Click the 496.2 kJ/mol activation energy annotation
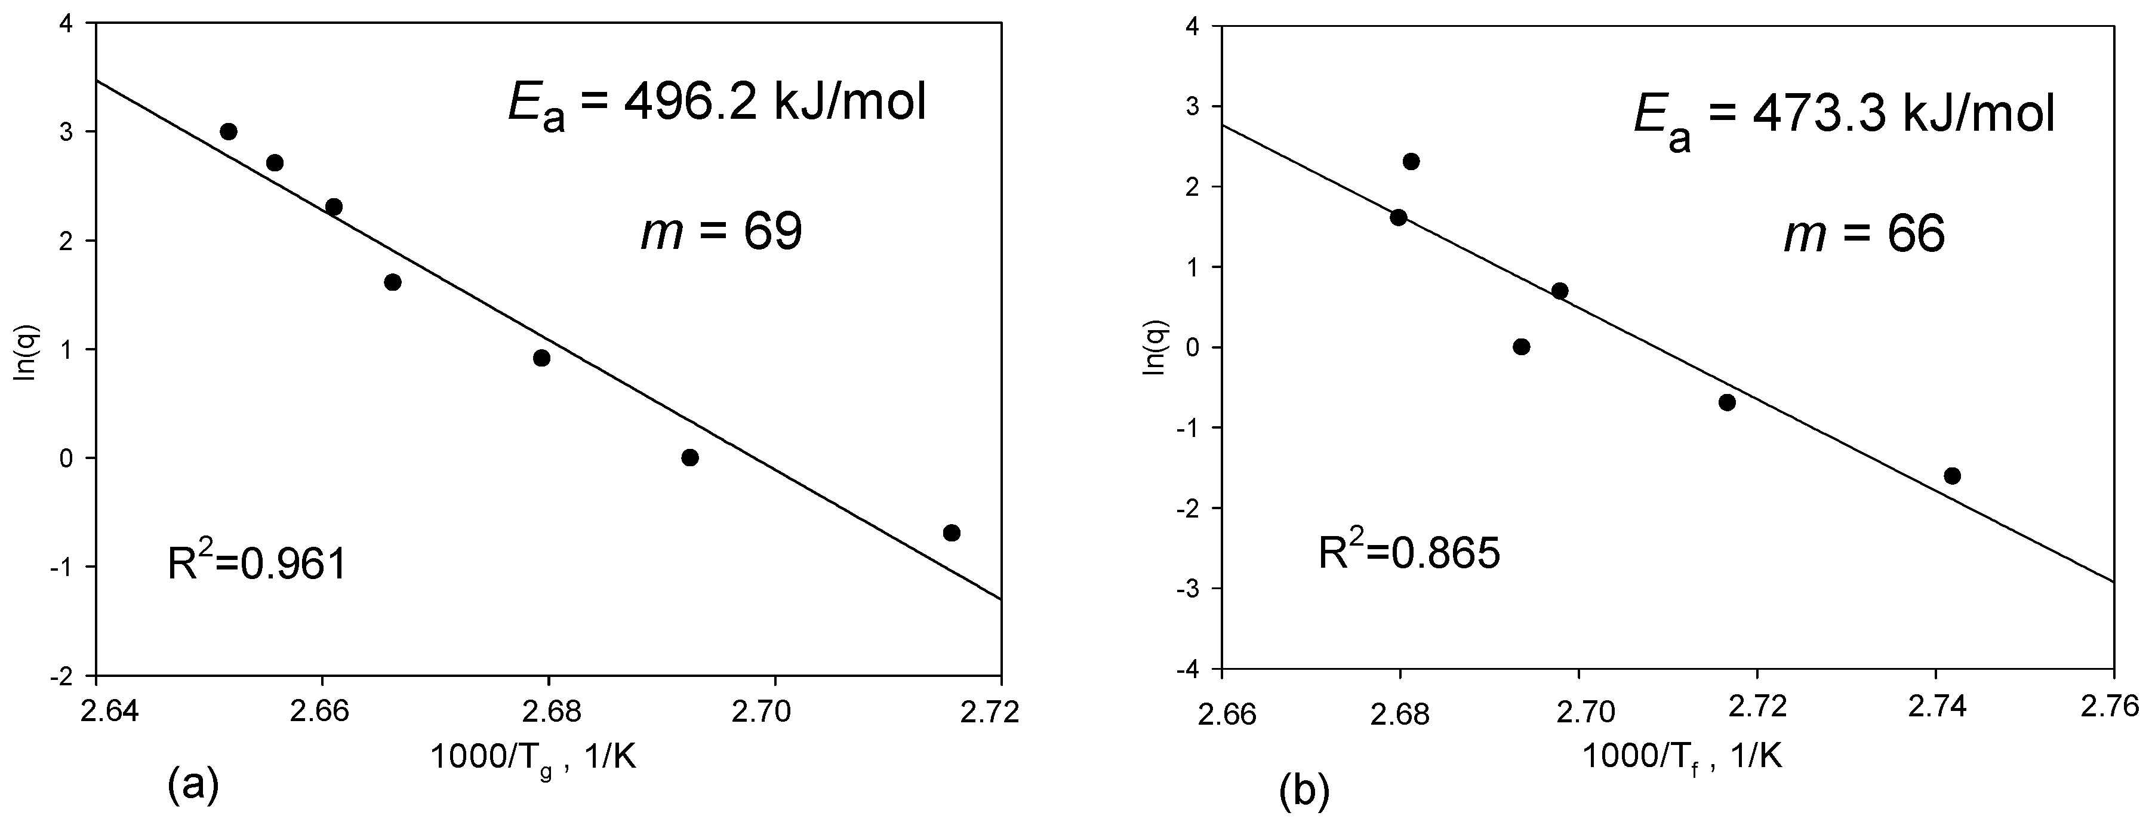[x=718, y=107]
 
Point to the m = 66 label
[x=1864, y=235]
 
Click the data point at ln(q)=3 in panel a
[x=229, y=132]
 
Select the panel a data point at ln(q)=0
[x=690, y=457]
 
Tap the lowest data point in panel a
[x=952, y=533]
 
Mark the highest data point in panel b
[x=1412, y=162]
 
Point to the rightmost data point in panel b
[x=1952, y=476]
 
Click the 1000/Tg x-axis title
[x=533, y=734]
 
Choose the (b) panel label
[x=1304, y=793]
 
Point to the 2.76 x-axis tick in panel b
[x=2113, y=707]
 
